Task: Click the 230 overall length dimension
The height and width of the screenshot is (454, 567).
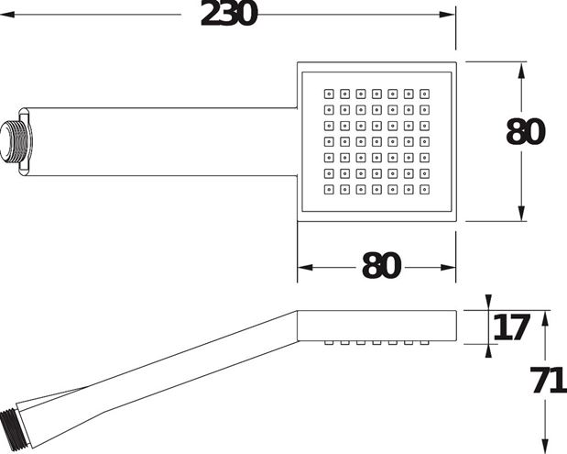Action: pos(228,14)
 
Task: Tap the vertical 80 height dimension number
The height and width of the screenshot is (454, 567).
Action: pos(525,132)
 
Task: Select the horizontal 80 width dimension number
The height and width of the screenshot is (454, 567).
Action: pos(381,265)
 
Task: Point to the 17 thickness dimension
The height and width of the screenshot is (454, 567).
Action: pos(511,327)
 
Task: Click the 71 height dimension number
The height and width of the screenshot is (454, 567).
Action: pos(549,380)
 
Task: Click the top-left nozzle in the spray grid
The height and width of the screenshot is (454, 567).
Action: pos(329,94)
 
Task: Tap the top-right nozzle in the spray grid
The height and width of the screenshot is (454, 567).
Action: pos(424,94)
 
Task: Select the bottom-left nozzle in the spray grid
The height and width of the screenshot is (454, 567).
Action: pos(329,189)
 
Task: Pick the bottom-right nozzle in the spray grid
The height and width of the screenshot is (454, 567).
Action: pos(424,189)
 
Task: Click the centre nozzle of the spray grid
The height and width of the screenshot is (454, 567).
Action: pos(376,141)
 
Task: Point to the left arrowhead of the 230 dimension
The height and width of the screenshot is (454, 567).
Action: pos(7,15)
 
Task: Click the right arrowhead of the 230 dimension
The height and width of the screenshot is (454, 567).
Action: pos(447,15)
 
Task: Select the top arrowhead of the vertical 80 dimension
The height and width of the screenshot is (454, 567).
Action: pos(521,71)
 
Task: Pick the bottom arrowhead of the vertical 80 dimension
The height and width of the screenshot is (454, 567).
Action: pos(521,213)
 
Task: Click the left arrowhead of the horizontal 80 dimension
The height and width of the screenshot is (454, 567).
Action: pos(305,268)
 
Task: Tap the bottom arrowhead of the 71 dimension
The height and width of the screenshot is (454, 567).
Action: pos(545,446)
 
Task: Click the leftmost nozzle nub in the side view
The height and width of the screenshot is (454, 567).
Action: pos(329,342)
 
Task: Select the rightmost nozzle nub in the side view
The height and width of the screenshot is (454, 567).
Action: pos(424,342)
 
